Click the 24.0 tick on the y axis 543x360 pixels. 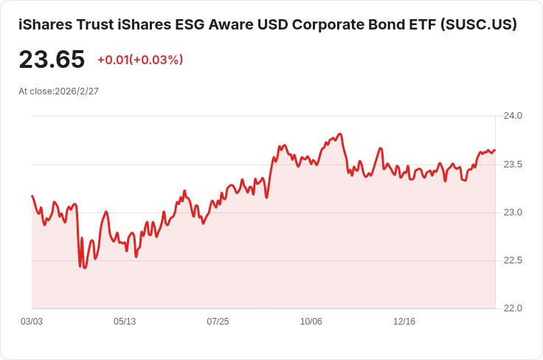click(x=512, y=116)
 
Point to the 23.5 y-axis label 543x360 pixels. click(x=512, y=164)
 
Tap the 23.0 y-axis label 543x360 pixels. click(x=512, y=212)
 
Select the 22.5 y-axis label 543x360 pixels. click(x=512, y=260)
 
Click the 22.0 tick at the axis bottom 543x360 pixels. click(x=512, y=308)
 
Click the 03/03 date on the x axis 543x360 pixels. click(x=32, y=322)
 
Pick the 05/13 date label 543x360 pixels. click(x=125, y=322)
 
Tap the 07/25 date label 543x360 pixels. click(x=218, y=322)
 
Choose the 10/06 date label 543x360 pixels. click(x=311, y=322)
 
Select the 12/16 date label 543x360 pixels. click(x=404, y=322)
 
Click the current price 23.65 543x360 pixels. click(x=52, y=60)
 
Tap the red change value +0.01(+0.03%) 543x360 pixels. click(x=140, y=60)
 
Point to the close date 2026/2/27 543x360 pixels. click(x=77, y=91)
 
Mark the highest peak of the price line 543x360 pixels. click(x=340, y=134)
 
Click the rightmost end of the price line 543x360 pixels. click(x=495, y=150)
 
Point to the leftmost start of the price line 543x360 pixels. click(x=32, y=196)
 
